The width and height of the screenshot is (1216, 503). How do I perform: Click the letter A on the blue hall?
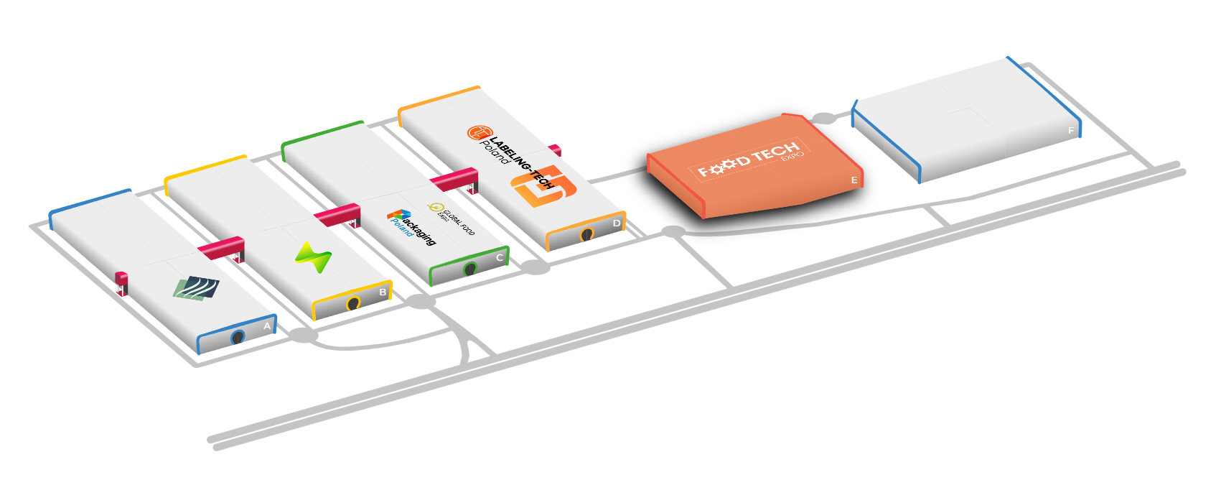pos(267,326)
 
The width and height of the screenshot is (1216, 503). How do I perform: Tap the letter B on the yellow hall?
pos(383,292)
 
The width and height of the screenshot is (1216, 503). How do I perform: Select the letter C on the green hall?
pos(500,257)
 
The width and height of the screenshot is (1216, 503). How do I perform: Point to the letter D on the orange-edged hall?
pos(617,223)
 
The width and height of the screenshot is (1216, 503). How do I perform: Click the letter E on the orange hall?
pos(854,180)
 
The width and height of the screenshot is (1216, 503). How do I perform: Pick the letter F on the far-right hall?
pos(1071,131)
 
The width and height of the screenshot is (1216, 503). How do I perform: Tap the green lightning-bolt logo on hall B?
pos(313,257)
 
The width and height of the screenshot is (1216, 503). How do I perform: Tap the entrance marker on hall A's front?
pos(238,337)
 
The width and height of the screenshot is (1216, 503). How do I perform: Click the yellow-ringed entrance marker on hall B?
pos(352,304)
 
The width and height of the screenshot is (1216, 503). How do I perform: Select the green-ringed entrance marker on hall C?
pos(470,269)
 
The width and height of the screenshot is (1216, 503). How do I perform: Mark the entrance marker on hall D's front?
pos(586,234)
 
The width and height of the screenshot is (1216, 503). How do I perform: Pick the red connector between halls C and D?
pos(454,179)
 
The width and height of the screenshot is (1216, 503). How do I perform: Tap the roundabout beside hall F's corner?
pos(824,119)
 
